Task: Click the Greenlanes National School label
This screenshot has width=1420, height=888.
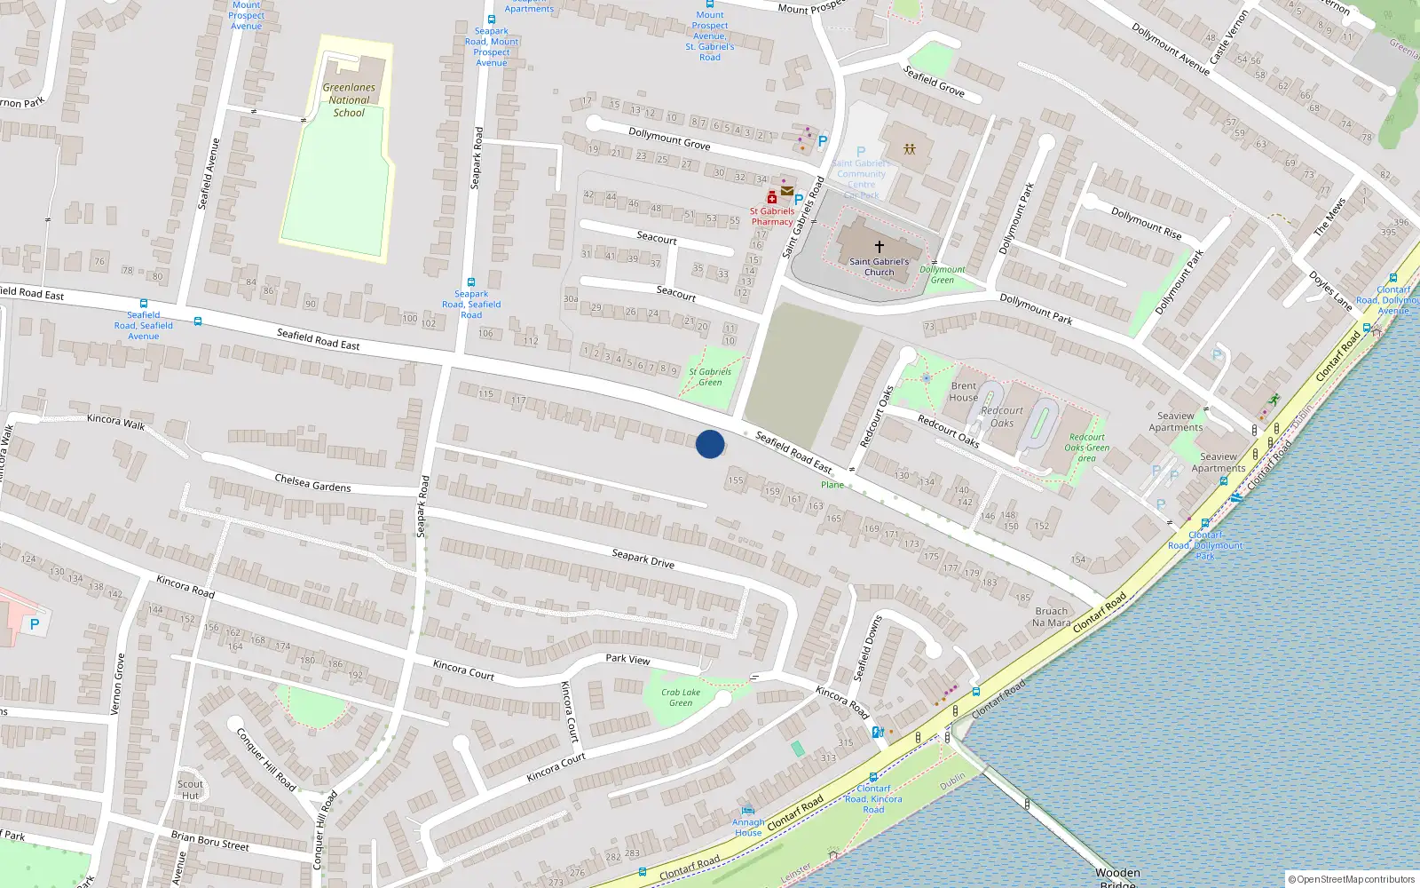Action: tap(349, 100)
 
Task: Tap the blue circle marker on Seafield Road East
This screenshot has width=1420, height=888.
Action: tap(710, 444)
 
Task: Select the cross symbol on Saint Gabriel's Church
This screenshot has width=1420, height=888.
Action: tap(880, 247)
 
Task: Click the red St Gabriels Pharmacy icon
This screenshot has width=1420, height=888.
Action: tap(772, 198)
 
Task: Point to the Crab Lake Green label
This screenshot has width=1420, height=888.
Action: tap(681, 698)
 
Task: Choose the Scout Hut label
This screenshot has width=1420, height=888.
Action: tap(190, 789)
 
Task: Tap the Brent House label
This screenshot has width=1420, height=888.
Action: tap(964, 392)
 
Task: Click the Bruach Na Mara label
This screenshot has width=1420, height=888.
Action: tap(1052, 617)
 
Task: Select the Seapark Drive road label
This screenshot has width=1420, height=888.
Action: tap(643, 559)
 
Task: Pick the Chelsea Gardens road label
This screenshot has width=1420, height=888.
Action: tap(312, 483)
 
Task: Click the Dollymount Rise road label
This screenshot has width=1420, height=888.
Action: tap(1147, 223)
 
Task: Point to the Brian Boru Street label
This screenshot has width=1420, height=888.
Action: tap(210, 840)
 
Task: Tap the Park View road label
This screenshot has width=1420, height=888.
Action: tap(627, 659)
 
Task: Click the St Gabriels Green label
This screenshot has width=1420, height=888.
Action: tap(710, 377)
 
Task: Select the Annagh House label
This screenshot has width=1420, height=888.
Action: tap(748, 828)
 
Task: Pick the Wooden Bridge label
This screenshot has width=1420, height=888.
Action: tap(1117, 877)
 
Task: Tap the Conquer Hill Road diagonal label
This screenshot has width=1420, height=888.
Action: tap(266, 759)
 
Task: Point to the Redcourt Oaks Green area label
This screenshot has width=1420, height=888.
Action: tap(1087, 448)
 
